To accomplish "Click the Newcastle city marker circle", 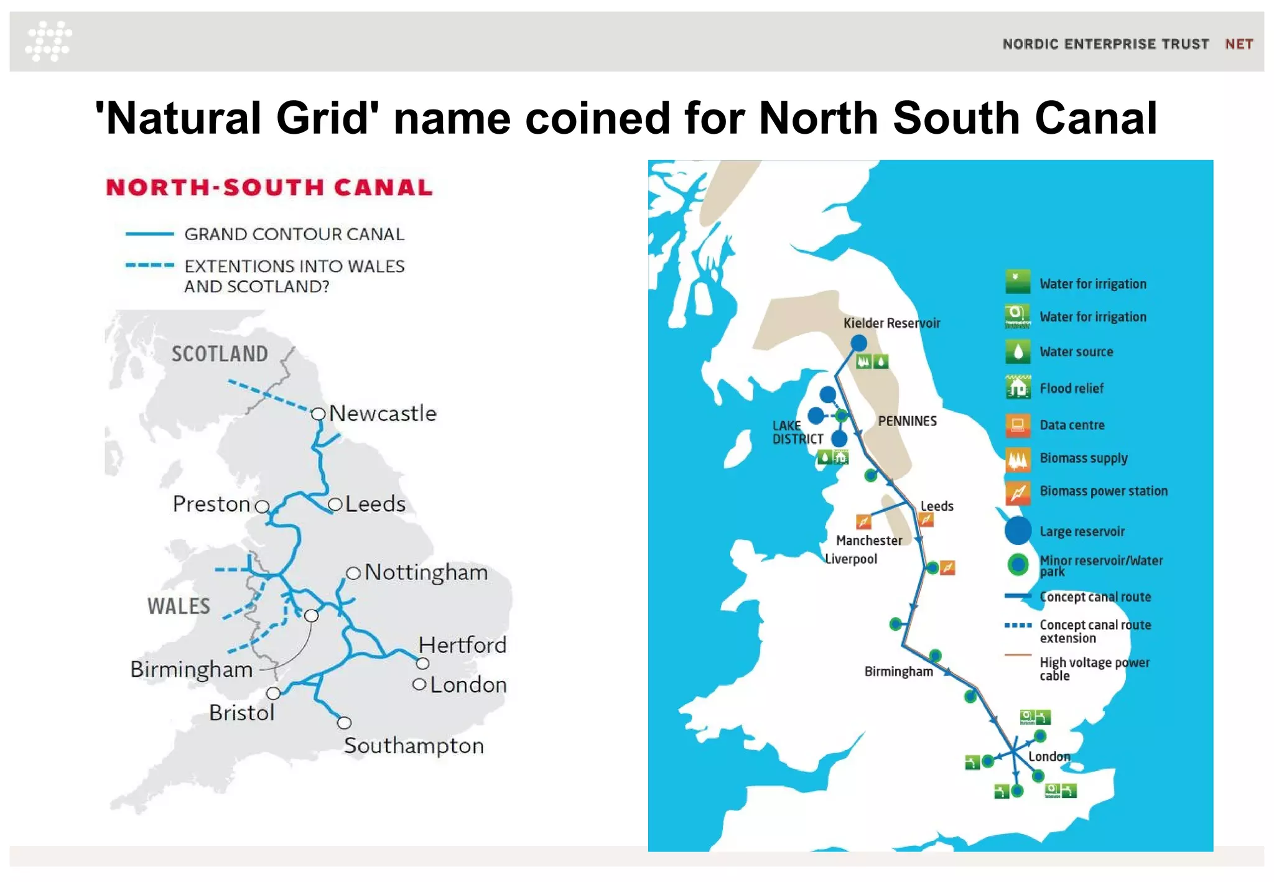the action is click(318, 414).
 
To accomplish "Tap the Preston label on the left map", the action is click(211, 504).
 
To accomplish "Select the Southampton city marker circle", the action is click(344, 723).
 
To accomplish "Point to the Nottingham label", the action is click(426, 572).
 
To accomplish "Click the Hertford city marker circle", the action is click(423, 663).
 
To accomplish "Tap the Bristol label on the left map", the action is click(241, 713).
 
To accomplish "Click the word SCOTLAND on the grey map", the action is click(220, 354).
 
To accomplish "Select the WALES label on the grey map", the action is click(179, 606).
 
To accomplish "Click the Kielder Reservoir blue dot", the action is click(858, 343).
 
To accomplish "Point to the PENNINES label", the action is click(907, 421).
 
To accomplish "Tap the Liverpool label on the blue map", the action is click(850, 559).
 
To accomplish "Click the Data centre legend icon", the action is click(1018, 425).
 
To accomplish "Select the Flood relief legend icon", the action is click(1018, 388).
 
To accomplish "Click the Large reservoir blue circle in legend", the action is click(1018, 531).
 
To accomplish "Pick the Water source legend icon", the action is click(1018, 351).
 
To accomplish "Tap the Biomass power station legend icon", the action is click(1018, 492).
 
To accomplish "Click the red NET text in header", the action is click(1239, 44).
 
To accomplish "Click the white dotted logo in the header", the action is click(49, 41).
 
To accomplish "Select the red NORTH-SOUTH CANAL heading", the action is click(269, 187).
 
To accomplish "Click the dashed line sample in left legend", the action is click(149, 266).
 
